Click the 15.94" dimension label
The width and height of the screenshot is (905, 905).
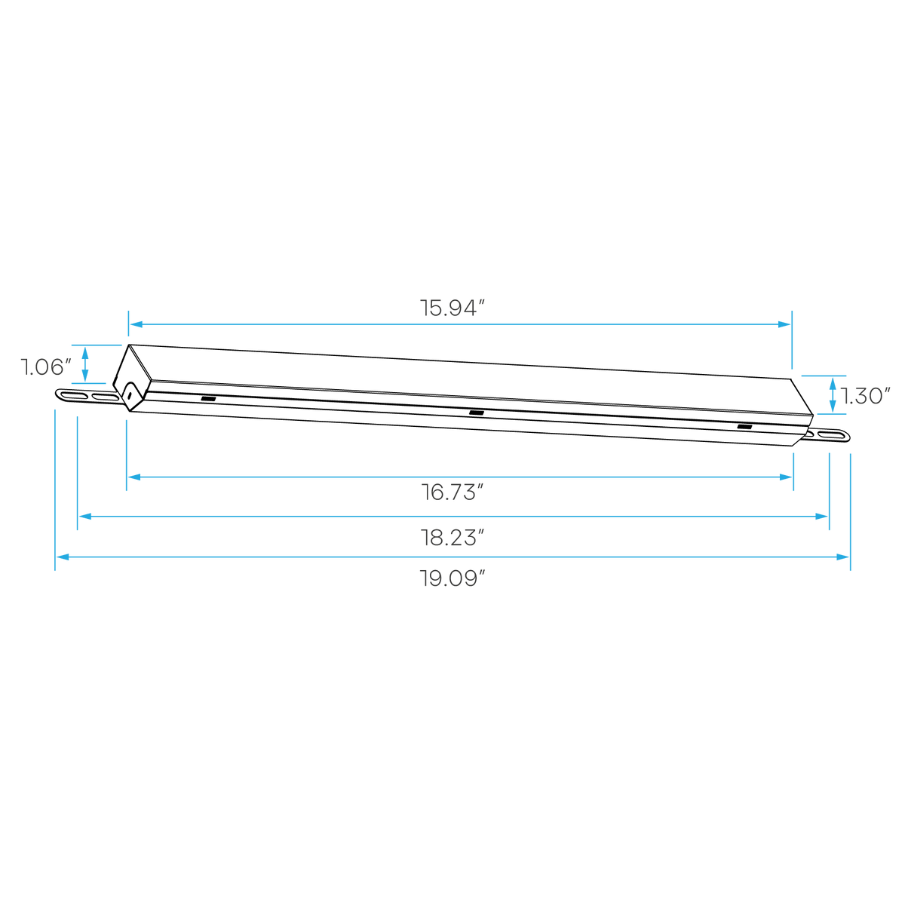click(x=451, y=308)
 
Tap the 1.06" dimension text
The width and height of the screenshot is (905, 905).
click(x=45, y=367)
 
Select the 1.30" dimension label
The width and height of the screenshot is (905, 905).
click(x=865, y=396)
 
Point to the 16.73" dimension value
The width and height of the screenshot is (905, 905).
click(x=452, y=492)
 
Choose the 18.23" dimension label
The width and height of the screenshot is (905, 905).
click(x=452, y=537)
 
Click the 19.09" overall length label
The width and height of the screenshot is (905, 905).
click(x=452, y=578)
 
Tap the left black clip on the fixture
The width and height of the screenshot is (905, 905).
click(x=208, y=399)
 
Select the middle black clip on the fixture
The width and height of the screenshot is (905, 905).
click(x=476, y=413)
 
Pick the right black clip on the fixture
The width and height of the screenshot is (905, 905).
click(x=744, y=426)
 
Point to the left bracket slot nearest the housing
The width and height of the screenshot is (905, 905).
click(x=105, y=397)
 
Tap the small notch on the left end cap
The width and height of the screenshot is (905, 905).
click(x=129, y=395)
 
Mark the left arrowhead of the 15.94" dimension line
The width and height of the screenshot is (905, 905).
click(x=137, y=324)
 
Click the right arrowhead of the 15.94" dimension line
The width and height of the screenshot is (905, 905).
click(x=784, y=324)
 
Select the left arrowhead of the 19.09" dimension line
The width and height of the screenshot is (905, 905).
click(x=63, y=557)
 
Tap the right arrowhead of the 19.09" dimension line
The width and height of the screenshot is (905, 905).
click(x=842, y=557)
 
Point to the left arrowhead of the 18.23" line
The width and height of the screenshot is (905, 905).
click(x=85, y=517)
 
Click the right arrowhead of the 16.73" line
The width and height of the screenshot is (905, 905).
click(x=785, y=477)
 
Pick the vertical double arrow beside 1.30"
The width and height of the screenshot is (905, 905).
click(x=833, y=395)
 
